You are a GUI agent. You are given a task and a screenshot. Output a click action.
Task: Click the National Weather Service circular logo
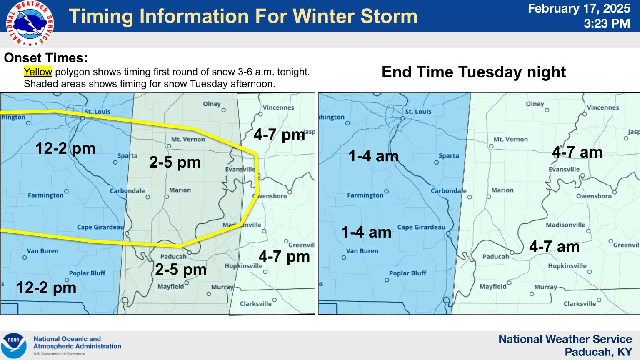click(30, 23)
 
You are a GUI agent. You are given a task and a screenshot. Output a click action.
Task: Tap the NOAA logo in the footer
click(14, 345)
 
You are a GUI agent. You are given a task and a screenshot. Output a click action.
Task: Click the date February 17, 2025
click(579, 9)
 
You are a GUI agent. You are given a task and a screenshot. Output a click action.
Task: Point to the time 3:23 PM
click(607, 23)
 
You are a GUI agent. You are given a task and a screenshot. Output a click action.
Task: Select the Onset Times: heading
click(46, 58)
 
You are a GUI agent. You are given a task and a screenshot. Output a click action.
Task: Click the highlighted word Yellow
click(38, 72)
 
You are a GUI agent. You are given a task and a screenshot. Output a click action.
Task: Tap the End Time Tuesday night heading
click(474, 72)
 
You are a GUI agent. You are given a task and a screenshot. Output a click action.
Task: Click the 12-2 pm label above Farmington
click(65, 149)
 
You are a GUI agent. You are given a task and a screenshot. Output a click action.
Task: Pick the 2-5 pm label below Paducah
click(181, 270)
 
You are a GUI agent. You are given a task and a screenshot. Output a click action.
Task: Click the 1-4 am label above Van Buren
click(366, 232)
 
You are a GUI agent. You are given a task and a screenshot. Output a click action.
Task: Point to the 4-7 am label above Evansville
click(577, 152)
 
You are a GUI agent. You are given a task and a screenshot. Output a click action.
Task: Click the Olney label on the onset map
click(212, 104)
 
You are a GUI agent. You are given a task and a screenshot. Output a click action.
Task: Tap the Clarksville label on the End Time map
click(580, 304)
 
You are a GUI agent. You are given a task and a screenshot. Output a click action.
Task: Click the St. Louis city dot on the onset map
click(82, 118)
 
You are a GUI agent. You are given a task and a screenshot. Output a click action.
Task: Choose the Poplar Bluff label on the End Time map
click(408, 273)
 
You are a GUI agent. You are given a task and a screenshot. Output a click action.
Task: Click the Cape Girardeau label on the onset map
click(100, 227)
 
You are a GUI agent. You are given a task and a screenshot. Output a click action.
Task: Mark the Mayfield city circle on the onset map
click(187, 283)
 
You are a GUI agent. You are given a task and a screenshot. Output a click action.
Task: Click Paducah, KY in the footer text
click(598, 352)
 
